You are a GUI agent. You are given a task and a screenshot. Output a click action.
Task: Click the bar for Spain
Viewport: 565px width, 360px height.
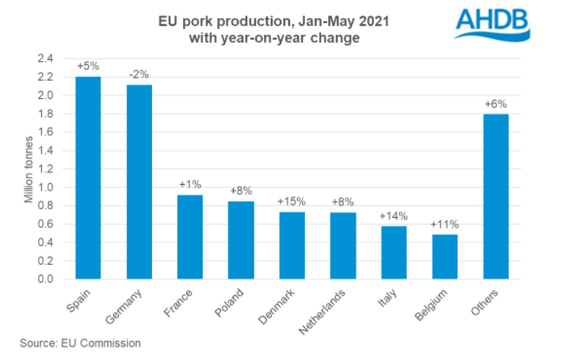[x=89, y=178]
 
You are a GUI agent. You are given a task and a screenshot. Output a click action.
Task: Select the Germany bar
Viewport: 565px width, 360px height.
[x=139, y=182]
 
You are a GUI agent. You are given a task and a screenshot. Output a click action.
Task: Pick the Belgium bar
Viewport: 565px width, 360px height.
[x=445, y=256]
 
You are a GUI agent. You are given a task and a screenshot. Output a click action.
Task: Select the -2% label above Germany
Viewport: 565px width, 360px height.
[x=139, y=74]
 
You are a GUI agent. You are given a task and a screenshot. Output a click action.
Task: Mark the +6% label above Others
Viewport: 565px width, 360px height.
[x=495, y=103]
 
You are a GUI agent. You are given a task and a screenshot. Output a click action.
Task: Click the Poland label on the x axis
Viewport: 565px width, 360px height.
[x=230, y=302]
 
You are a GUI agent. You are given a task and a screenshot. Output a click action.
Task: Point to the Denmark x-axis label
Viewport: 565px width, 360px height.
[x=277, y=306]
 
